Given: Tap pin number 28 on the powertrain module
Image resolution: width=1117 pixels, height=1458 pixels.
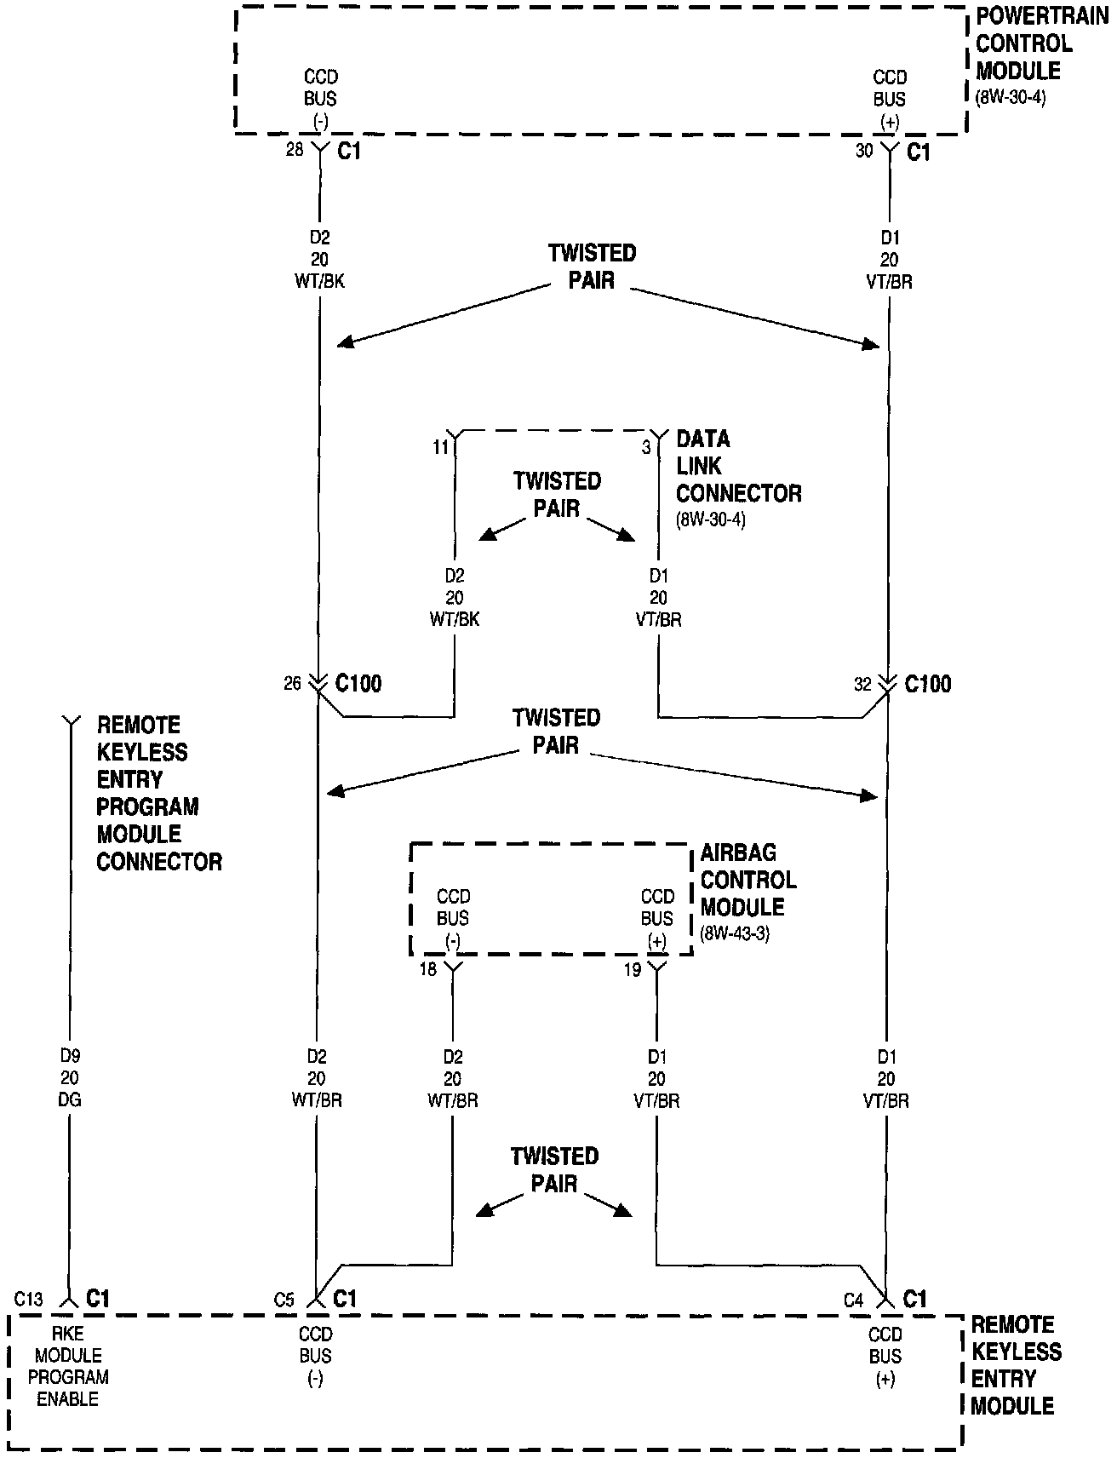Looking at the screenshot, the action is (x=295, y=151).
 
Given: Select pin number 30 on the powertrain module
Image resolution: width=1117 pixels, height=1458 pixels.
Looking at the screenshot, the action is (x=864, y=151).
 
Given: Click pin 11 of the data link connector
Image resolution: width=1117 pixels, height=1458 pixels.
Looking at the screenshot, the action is (x=439, y=446).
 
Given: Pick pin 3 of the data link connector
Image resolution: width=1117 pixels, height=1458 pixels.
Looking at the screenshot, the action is (x=646, y=446).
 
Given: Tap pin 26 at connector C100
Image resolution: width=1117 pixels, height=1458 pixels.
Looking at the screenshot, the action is (x=293, y=683).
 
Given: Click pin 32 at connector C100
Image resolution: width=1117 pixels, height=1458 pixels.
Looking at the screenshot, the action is (x=862, y=684).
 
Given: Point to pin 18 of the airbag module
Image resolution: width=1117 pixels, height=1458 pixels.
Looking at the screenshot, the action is (x=427, y=969).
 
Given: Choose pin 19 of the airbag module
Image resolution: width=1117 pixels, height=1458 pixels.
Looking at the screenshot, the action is (x=632, y=969).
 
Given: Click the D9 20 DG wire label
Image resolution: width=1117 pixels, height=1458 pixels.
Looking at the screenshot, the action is (x=70, y=1077).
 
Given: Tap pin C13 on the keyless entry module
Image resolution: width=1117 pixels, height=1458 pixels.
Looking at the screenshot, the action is (x=28, y=1299).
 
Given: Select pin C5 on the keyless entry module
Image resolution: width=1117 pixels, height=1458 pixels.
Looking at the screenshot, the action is (x=284, y=1300).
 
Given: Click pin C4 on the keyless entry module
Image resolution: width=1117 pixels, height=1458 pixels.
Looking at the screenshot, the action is (x=854, y=1300).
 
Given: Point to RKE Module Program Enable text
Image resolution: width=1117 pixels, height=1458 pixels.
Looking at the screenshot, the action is (x=68, y=1366).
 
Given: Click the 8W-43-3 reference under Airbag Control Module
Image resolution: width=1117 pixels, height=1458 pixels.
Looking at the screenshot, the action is (x=735, y=933).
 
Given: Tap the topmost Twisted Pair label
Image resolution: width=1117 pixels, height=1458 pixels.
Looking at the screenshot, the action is (x=592, y=266).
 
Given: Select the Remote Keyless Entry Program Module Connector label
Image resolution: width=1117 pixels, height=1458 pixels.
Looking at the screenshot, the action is (x=159, y=793).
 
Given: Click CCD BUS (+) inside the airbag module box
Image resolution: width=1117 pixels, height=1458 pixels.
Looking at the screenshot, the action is (x=657, y=918).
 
